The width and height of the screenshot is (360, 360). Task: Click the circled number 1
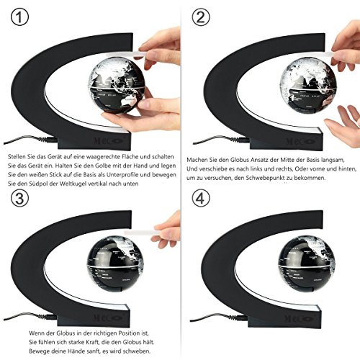[19, 17]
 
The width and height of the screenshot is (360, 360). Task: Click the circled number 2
[201, 17]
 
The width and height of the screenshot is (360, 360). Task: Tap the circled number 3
[19, 199]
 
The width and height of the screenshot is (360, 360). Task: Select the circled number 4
[201, 199]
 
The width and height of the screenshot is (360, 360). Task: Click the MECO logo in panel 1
[108, 140]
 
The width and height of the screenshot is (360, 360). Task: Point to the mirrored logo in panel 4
[300, 319]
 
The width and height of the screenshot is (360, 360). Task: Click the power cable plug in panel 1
[48, 139]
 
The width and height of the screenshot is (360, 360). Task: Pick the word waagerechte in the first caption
[104, 157]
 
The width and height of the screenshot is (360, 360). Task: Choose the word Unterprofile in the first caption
[122, 175]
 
